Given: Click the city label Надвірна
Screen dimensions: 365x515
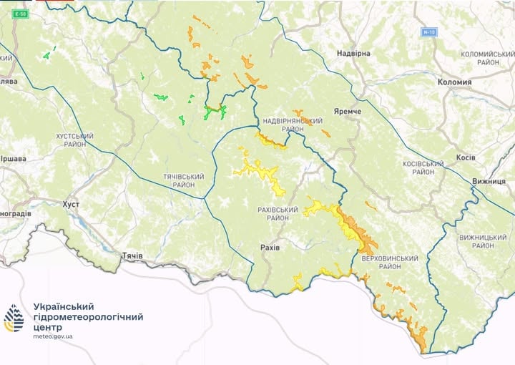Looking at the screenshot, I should tap(354, 54).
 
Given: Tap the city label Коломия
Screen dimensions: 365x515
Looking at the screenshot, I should tap(454, 82).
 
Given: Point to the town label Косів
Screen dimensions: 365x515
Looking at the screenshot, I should tap(465, 157).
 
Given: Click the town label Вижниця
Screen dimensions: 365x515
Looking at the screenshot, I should tap(489, 182).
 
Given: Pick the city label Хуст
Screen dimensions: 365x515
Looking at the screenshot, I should tap(71, 205).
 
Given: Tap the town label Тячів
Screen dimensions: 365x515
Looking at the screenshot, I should tap(132, 255).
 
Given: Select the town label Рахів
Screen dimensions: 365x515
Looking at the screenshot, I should tap(270, 247).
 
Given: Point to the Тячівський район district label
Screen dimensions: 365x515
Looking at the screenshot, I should tap(184, 180).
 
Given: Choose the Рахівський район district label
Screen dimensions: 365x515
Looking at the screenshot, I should tap(277, 214).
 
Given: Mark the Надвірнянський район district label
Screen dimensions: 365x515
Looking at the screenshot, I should tap(283, 125).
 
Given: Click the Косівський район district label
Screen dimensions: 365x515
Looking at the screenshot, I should tap(423, 167).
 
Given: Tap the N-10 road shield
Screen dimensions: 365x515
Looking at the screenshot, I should tap(428, 32).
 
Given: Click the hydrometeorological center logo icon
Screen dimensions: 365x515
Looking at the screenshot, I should tap(14, 318).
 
